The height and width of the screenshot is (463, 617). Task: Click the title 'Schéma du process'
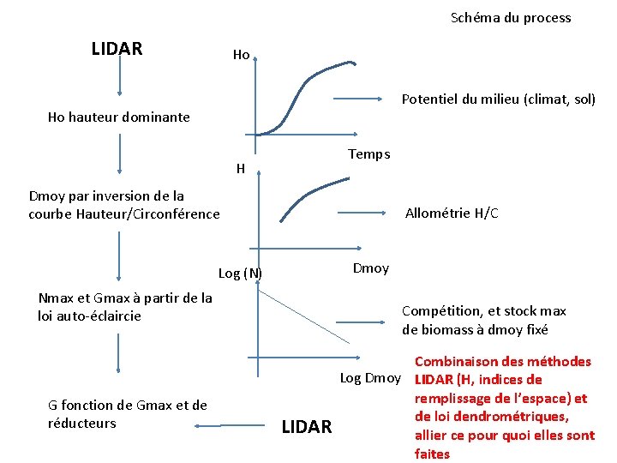511,18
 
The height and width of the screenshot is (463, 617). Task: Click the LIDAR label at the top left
117,49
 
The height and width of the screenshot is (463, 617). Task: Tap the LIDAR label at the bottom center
306,427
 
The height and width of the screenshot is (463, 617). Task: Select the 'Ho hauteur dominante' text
118,117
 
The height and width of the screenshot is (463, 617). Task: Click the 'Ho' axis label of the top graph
241,55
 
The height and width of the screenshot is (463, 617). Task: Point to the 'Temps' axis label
368,154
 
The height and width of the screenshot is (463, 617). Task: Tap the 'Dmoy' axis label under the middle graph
370,268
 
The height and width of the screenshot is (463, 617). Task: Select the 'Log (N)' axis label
240,274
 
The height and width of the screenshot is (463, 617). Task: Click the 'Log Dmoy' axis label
370,378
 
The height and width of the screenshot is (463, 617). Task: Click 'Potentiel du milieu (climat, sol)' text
499,99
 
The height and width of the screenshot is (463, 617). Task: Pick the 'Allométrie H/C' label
451,213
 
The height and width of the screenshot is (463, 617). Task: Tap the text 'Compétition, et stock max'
484,311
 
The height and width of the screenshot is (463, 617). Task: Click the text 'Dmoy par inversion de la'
106,196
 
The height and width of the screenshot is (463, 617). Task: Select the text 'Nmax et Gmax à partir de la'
125,298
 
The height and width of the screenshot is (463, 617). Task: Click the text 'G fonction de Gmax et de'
128,405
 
